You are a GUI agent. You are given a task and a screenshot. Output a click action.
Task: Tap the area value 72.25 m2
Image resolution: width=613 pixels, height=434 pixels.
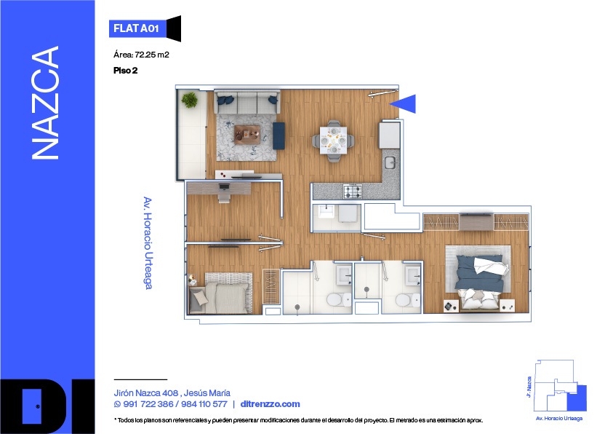click(152, 55)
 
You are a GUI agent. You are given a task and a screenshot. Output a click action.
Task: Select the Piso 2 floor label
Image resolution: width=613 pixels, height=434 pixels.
click(126, 71)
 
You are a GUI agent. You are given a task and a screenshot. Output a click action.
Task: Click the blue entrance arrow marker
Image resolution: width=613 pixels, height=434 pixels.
click(403, 103)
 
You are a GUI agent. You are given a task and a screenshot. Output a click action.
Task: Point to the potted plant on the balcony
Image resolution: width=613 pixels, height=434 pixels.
click(190, 100)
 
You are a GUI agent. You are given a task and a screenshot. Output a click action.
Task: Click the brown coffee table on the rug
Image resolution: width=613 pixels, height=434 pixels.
click(247, 135)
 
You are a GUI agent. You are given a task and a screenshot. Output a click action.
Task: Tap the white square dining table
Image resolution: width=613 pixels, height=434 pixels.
click(333, 140)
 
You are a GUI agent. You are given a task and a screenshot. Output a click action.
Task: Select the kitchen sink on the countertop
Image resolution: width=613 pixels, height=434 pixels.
click(390, 162)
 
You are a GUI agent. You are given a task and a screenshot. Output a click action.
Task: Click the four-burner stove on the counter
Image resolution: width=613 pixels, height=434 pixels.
click(353, 192)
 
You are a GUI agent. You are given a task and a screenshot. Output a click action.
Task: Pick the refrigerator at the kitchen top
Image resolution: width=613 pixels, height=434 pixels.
click(389, 135)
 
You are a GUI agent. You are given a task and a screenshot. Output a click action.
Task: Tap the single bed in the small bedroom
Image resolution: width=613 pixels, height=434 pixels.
click(220, 294)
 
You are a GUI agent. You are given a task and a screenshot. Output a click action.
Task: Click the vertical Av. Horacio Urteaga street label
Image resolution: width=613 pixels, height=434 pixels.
click(148, 243)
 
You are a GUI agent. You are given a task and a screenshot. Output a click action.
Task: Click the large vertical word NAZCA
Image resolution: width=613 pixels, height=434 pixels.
click(45, 103)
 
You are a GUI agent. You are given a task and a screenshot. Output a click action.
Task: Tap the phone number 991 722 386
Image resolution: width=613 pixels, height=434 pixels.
click(148, 404)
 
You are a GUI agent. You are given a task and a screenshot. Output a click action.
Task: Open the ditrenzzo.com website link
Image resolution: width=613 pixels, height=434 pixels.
click(271, 404)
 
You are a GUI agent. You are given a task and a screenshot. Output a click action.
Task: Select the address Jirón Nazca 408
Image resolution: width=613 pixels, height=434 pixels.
click(146, 393)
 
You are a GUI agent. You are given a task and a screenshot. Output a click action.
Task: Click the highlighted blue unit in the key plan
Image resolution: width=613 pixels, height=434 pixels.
click(577, 398)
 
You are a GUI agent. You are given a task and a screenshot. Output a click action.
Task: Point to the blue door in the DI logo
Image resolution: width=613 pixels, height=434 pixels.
click(32, 406)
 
